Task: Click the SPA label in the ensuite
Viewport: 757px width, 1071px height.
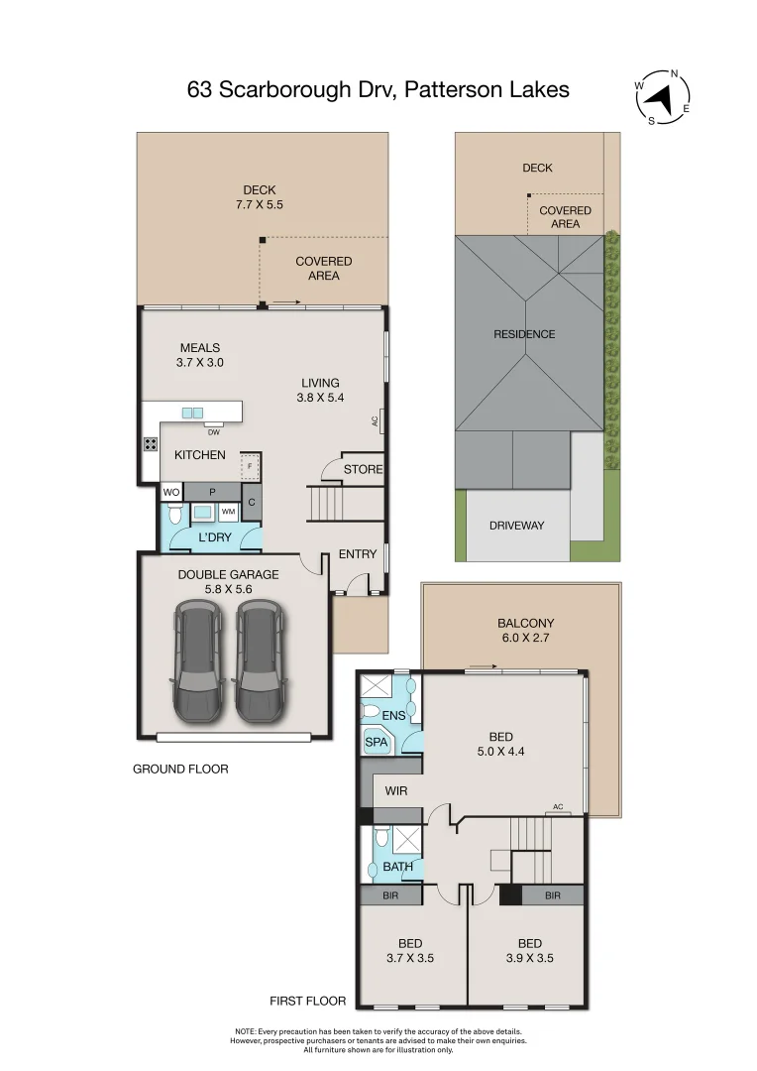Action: [377, 742]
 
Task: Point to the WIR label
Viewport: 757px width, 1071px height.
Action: [396, 791]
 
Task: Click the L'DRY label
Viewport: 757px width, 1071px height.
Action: [214, 537]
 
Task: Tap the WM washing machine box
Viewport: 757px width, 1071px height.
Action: [228, 512]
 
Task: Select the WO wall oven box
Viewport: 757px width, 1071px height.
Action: [170, 492]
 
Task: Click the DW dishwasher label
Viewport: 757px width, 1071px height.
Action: [213, 431]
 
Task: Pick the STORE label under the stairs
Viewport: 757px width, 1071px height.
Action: [363, 469]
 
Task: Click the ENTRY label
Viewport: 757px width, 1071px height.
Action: [358, 554]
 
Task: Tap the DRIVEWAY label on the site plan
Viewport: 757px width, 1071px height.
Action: [516, 526]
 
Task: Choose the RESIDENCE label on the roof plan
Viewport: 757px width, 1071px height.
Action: [524, 334]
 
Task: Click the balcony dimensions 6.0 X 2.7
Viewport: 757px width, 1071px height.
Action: [524, 639]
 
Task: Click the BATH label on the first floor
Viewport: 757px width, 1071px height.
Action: [398, 867]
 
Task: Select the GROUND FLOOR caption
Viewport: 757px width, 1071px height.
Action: [180, 769]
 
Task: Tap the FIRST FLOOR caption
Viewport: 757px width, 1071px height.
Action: [308, 1002]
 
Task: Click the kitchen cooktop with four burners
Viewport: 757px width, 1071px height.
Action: [151, 444]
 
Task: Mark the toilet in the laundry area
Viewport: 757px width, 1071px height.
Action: [174, 514]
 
